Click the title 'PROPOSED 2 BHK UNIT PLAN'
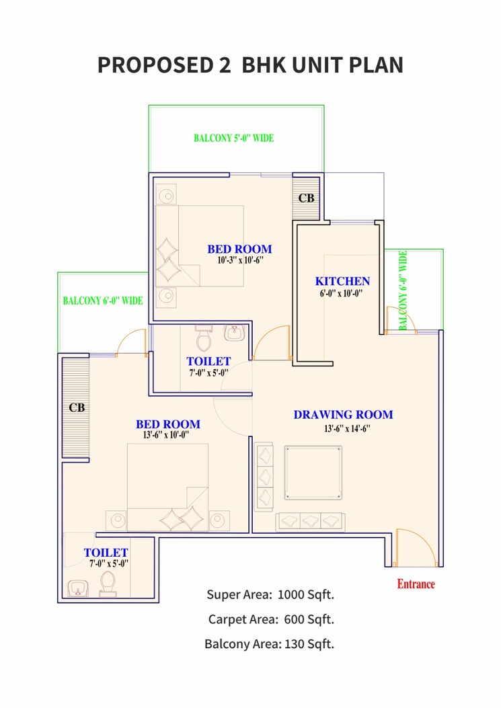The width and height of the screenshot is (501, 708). click(x=250, y=65)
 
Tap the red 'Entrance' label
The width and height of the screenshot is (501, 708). click(x=416, y=584)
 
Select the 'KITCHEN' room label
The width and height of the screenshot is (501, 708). click(x=342, y=281)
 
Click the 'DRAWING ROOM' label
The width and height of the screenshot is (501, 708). click(x=343, y=415)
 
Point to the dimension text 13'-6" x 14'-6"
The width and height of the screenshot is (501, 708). click(x=343, y=428)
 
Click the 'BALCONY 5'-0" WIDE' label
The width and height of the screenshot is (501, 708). click(x=233, y=138)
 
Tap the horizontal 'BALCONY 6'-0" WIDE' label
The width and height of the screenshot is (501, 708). click(x=103, y=301)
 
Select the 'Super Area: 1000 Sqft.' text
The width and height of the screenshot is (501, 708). click(x=270, y=594)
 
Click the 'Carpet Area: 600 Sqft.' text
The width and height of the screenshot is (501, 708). click(x=270, y=619)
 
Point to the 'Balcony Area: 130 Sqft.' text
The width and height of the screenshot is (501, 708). click(x=269, y=644)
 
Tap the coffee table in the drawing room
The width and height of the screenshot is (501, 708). click(x=313, y=473)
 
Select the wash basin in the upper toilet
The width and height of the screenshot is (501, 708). click(x=234, y=333)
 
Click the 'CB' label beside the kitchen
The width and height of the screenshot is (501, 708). click(x=306, y=198)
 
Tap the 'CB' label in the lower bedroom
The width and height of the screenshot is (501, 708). click(x=77, y=407)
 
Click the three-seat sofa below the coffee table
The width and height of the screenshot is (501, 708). click(x=310, y=521)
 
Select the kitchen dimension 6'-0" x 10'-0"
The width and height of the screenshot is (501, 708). click(x=342, y=294)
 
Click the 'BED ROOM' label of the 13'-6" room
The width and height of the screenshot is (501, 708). click(x=167, y=424)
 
